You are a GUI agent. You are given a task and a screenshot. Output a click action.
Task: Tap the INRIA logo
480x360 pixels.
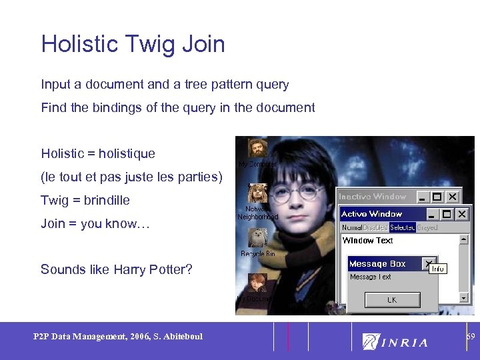coord(395,341)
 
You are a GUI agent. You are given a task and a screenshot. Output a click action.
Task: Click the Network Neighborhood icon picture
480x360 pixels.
coord(257,193)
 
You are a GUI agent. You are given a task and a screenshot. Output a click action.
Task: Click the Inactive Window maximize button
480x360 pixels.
coord(437,197)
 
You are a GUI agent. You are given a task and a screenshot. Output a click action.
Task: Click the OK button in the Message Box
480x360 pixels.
coord(392,300)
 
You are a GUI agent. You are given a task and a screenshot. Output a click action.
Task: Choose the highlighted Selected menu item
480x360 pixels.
coord(402,227)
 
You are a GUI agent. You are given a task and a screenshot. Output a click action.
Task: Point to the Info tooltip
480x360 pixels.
coord(437,269)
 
